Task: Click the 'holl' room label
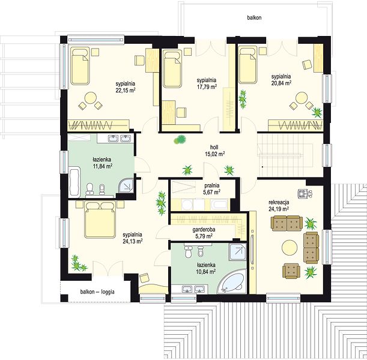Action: click(214, 147)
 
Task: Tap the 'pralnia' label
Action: click(212, 185)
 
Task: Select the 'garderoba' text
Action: click(204, 230)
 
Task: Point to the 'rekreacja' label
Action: click(279, 202)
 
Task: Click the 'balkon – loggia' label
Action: click(97, 292)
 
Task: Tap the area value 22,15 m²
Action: click(126, 91)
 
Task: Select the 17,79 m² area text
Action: click(207, 87)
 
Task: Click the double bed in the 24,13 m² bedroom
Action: click(100, 220)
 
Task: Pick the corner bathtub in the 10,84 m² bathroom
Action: click(232, 281)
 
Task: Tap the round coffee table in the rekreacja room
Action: click(290, 248)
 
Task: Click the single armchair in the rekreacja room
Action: click(291, 271)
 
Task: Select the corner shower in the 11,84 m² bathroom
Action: click(126, 185)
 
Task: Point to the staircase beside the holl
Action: click(285, 154)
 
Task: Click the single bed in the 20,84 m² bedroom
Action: click(247, 65)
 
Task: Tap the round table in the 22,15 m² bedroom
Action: click(91, 98)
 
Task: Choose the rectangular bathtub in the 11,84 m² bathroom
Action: click(75, 182)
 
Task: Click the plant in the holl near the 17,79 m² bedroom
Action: click(180, 140)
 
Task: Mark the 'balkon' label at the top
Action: click(254, 17)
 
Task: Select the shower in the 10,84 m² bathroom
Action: click(238, 252)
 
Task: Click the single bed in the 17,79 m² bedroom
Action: click(173, 68)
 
